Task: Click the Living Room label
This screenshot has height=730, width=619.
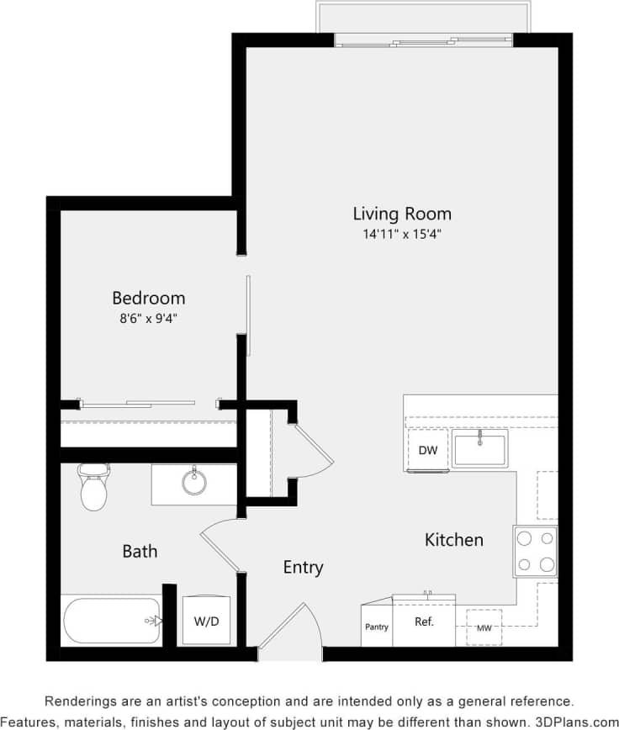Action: pos(401,213)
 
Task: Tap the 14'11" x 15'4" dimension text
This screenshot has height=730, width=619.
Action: pos(401,235)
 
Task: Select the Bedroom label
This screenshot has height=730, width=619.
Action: pos(149,298)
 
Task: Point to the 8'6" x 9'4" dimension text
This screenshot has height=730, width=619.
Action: pos(149,319)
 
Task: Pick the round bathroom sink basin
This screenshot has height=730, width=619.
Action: pos(194,482)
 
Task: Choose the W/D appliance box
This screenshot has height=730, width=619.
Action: pos(206,621)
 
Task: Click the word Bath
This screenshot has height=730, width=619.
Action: pos(140,552)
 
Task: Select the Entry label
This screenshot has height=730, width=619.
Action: pos(303,568)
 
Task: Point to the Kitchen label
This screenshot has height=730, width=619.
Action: pos(454,540)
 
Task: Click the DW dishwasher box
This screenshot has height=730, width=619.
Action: pos(428,450)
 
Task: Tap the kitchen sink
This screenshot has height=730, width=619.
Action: pos(479,448)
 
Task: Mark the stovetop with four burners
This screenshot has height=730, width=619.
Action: pos(536,551)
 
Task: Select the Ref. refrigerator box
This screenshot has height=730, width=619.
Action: pos(424,622)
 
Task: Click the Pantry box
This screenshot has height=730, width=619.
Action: pos(377,627)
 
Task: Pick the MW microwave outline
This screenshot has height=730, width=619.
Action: pos(484,627)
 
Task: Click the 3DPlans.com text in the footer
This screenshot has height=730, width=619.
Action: pos(577,722)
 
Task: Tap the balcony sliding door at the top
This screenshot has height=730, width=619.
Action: pos(424,40)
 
